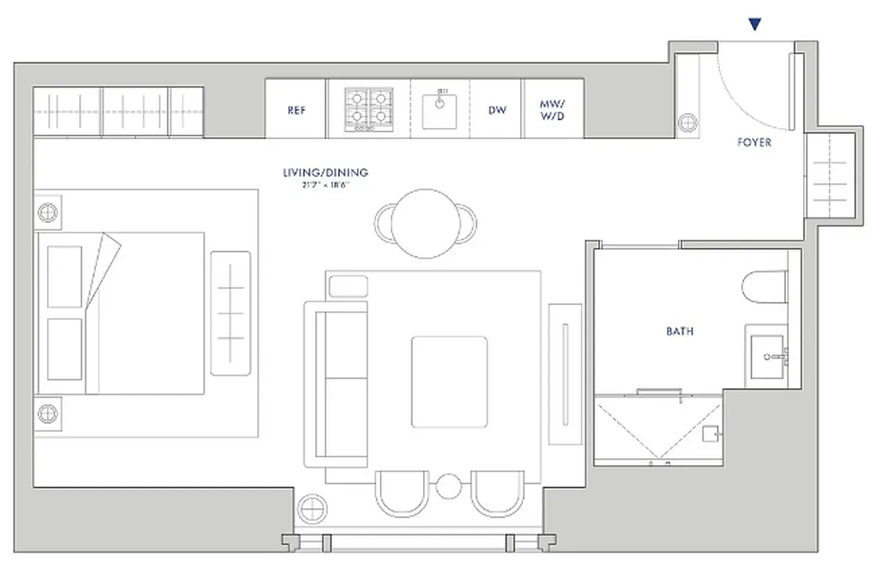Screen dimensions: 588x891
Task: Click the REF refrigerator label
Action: pyautogui.click(x=296, y=110)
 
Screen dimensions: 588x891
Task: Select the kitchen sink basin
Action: pyautogui.click(x=439, y=110)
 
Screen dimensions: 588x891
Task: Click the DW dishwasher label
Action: pyautogui.click(x=497, y=110)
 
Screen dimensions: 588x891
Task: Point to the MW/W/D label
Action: pyautogui.click(x=553, y=110)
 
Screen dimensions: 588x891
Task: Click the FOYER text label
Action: pyautogui.click(x=754, y=143)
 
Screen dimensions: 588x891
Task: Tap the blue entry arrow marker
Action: pyautogui.click(x=754, y=25)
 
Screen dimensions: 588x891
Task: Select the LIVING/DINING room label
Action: pyautogui.click(x=325, y=173)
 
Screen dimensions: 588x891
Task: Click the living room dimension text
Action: pyautogui.click(x=325, y=185)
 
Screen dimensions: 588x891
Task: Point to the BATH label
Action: pyautogui.click(x=679, y=331)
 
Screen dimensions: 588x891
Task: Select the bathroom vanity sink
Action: pyautogui.click(x=768, y=356)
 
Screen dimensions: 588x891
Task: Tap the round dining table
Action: pyautogui.click(x=425, y=223)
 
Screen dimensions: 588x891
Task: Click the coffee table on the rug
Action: pyautogui.click(x=449, y=381)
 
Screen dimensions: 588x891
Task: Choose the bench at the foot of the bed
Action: pyautogui.click(x=230, y=313)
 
